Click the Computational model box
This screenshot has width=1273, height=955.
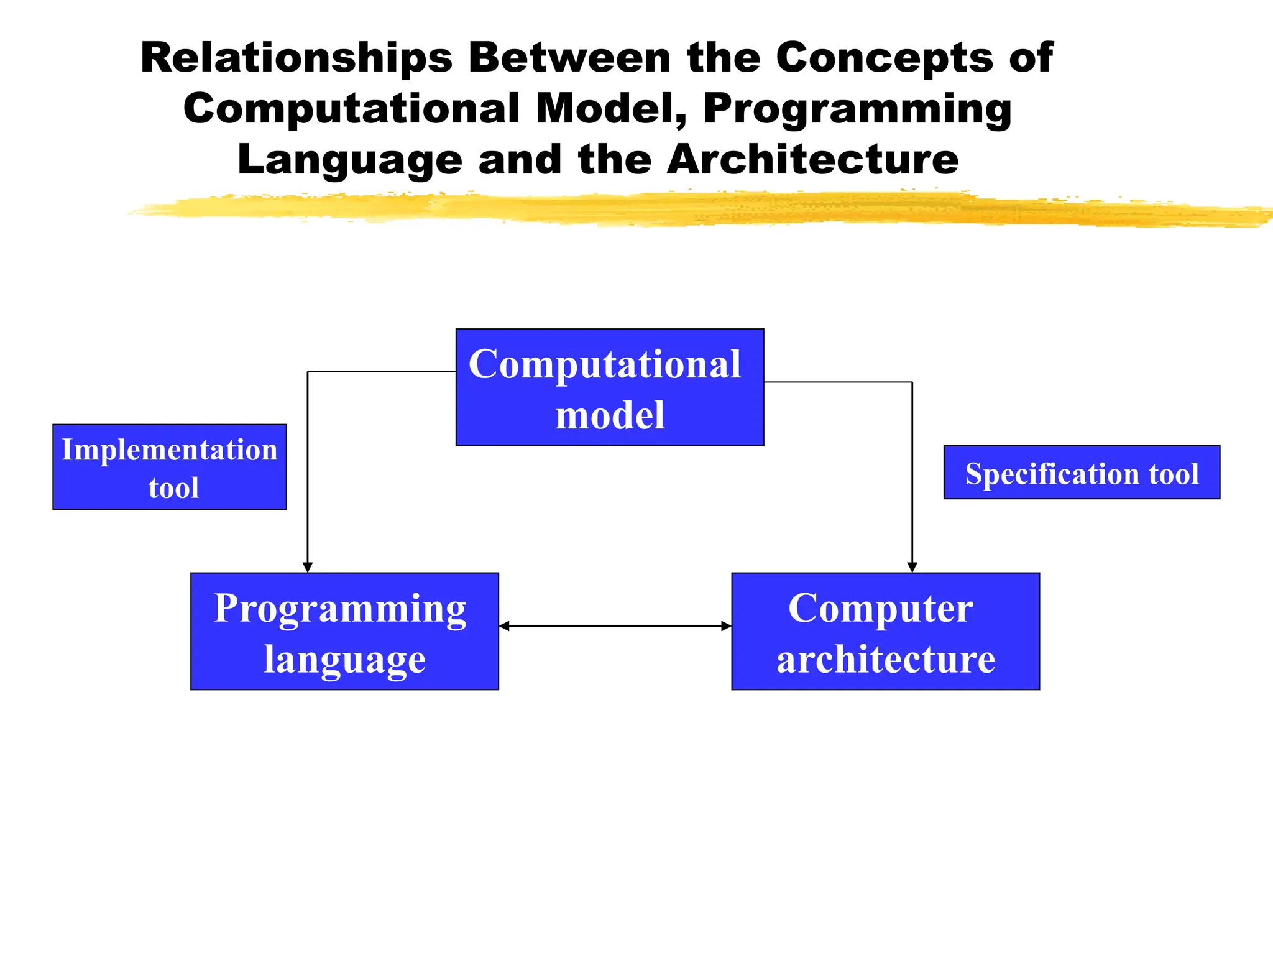(609, 387)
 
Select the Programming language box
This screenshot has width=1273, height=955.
(344, 630)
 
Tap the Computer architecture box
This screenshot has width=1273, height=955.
(885, 630)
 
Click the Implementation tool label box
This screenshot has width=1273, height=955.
(169, 466)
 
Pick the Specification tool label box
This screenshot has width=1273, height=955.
(1082, 472)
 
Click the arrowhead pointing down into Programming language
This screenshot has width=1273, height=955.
(308, 567)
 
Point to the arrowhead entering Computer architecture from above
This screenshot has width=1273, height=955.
(912, 567)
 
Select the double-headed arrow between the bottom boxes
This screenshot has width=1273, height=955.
(615, 626)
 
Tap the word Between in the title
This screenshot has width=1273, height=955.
(569, 58)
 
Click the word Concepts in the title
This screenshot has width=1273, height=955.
(884, 58)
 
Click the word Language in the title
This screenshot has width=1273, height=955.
(350, 160)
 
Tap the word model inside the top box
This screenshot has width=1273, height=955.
(610, 415)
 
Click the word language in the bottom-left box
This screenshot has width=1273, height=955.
(345, 659)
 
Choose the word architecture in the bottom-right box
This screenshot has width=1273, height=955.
(886, 659)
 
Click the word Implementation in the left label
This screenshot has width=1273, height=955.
(169, 450)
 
